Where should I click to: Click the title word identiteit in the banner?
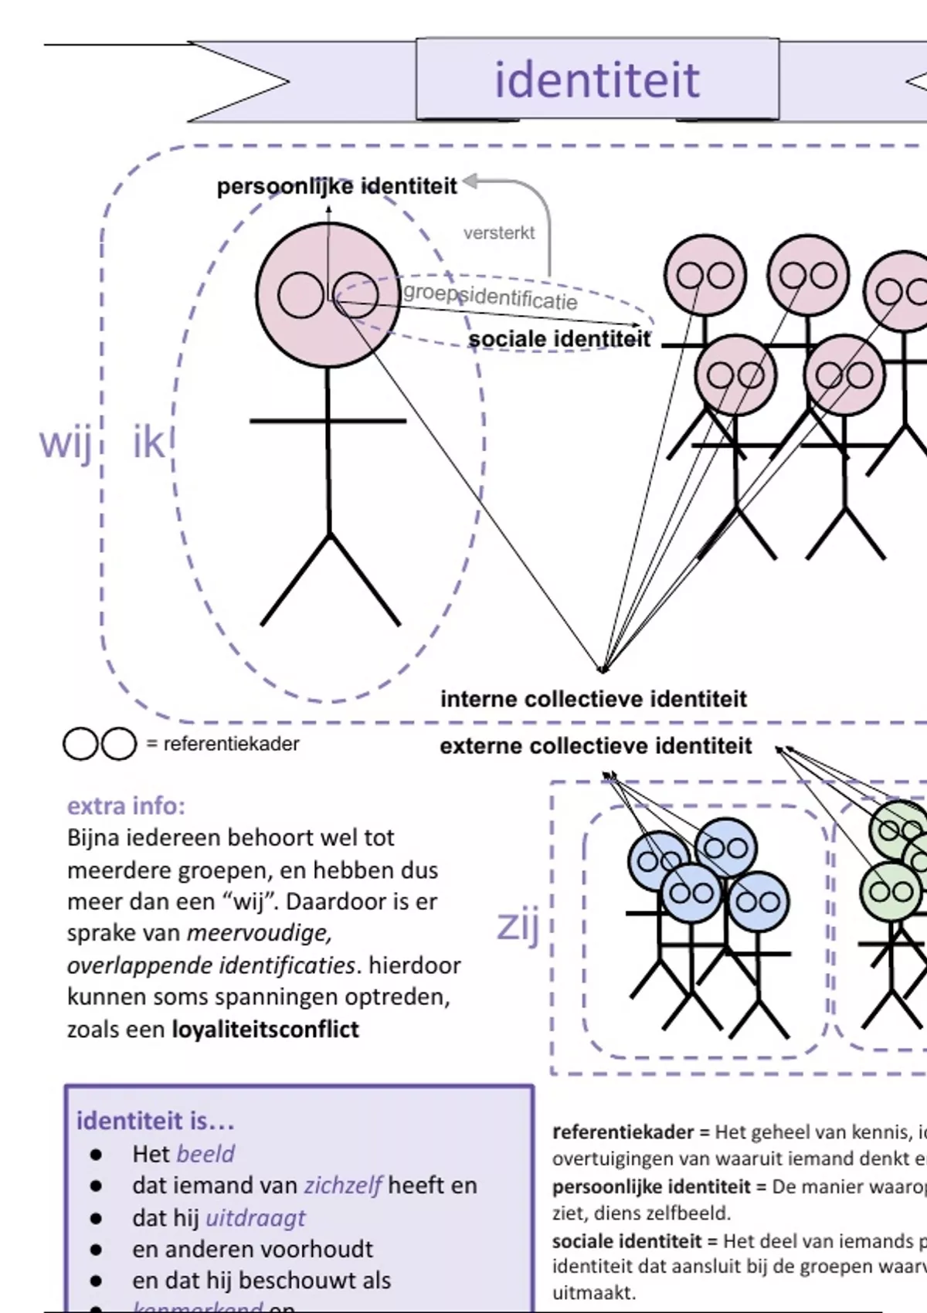tap(596, 80)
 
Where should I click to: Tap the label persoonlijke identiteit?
tap(337, 186)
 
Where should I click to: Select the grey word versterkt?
tap(498, 232)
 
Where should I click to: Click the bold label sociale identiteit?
tap(559, 339)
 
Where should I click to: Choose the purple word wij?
tap(66, 443)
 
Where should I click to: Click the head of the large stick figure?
tap(328, 295)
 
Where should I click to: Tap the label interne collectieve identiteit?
tap(593, 699)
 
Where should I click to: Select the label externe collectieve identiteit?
tap(596, 746)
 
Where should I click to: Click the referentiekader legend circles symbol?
tap(100, 744)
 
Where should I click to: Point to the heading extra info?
tap(126, 806)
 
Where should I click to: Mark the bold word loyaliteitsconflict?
tap(265, 1030)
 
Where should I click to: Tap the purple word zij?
tap(518, 925)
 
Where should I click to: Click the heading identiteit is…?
tap(155, 1121)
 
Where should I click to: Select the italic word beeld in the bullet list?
tap(205, 1154)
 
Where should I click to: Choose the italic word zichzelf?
tap(343, 1186)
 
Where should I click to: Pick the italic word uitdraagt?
tap(255, 1218)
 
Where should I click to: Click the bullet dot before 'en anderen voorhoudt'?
tap(96, 1250)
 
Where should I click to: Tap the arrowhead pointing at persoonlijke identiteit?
tap(469, 182)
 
